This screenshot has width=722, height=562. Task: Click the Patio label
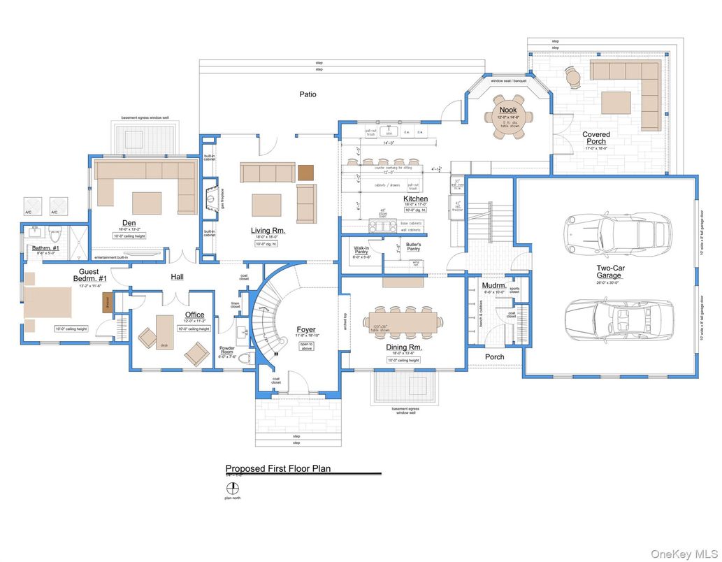[x=308, y=94]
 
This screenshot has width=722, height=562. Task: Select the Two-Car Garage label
[x=609, y=271]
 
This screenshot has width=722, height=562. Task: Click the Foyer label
[x=305, y=330]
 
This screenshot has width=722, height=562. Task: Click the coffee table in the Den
[x=147, y=203]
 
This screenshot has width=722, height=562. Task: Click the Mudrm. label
[x=494, y=285]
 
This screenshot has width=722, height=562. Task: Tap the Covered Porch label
[x=595, y=138]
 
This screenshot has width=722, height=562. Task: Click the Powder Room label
[x=228, y=350]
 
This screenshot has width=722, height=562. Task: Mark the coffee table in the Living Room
[x=266, y=205]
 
